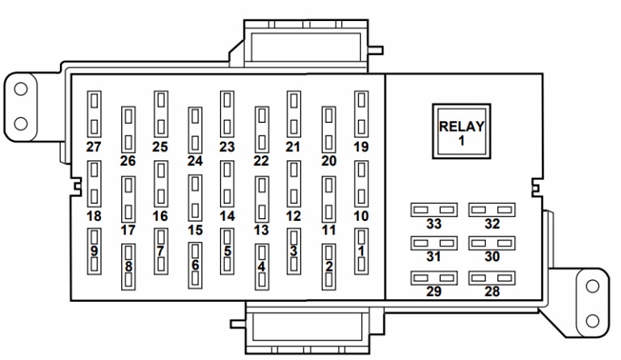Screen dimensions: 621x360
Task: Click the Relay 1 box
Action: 462,132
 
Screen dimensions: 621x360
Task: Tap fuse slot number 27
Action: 94,114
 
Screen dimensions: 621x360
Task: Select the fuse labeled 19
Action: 361,114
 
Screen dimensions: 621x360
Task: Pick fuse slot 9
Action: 94,251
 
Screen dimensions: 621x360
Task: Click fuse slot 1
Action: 361,251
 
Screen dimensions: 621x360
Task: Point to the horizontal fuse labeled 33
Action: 434,210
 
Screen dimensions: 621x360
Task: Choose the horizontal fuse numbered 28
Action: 492,278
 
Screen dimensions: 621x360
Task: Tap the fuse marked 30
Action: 492,244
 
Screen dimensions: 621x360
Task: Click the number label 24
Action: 195,161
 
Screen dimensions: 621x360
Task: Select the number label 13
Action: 261,230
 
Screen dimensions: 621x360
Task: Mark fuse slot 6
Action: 195,265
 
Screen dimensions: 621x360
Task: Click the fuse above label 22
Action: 262,130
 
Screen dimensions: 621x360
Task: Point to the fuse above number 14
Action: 227,184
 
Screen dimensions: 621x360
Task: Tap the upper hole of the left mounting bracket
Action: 20,89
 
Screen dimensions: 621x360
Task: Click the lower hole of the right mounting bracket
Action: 593,321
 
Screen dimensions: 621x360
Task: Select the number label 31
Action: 433,256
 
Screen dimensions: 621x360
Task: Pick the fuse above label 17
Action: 129,200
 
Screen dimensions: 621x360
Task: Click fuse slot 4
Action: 262,267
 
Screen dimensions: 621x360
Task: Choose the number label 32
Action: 492,224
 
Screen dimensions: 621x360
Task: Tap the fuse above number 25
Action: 161,114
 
